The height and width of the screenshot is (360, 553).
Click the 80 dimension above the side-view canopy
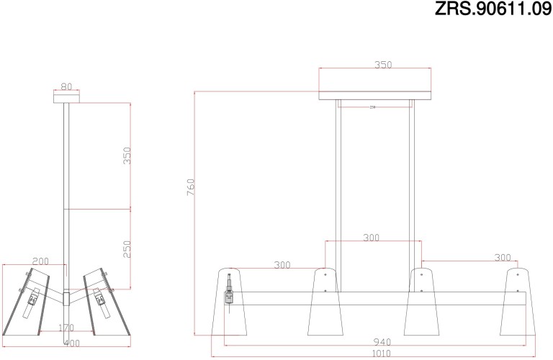point(66,86)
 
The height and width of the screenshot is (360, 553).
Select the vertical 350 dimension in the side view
point(127,156)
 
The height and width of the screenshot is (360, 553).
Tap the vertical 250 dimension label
point(127,248)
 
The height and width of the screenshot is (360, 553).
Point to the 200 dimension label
point(41,261)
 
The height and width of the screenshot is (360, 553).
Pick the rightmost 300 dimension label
point(502,258)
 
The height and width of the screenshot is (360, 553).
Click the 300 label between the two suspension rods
point(371,238)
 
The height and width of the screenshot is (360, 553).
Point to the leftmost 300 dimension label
point(282,265)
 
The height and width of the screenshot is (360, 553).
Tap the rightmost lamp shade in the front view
point(516,302)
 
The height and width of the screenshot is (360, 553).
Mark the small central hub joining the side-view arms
point(66,297)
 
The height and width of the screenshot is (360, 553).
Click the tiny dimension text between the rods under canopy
point(372,107)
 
